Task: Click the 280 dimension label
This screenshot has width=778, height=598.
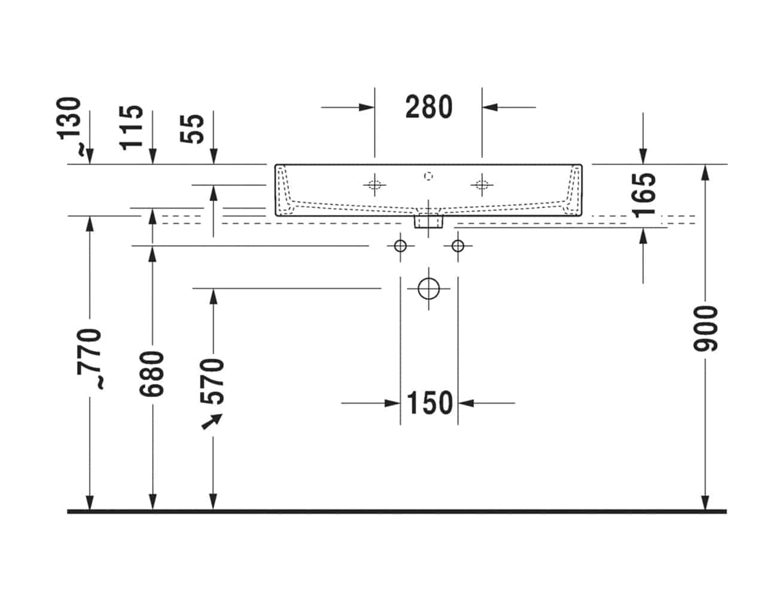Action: (428, 107)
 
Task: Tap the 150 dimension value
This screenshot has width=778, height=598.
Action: (430, 403)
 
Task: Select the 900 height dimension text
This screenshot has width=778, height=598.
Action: (706, 329)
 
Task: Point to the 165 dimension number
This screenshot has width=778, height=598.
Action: (644, 196)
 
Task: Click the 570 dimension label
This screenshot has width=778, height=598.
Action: (212, 382)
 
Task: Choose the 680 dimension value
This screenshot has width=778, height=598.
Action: (151, 374)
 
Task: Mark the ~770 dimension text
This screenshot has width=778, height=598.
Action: (90, 358)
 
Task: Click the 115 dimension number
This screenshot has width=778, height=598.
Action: (131, 128)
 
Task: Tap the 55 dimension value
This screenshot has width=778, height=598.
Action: (192, 129)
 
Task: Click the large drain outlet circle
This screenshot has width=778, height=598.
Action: (428, 288)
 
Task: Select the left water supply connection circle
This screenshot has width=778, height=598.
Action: (400, 246)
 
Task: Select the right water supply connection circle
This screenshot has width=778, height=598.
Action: (458, 246)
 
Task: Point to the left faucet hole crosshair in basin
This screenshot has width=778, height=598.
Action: (375, 185)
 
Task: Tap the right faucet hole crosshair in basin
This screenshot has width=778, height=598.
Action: (482, 185)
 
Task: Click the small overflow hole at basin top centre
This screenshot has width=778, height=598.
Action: (428, 176)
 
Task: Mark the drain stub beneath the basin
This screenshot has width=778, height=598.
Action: (428, 222)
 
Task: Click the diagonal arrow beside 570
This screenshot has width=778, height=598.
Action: (212, 422)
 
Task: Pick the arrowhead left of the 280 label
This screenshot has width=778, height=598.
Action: (367, 107)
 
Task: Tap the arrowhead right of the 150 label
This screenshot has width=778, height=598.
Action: (466, 403)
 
